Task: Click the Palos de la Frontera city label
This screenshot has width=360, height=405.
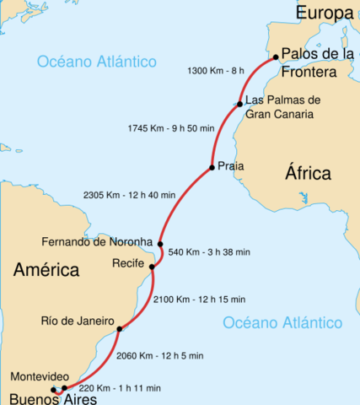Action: point(319,63)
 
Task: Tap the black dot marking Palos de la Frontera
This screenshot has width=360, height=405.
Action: point(276,58)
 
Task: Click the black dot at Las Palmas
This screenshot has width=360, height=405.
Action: point(239,104)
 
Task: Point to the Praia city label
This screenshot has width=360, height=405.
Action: point(230,166)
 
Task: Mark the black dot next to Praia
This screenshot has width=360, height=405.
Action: point(211,167)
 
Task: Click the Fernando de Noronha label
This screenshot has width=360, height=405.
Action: point(97,241)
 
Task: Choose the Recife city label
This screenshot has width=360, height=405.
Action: point(129,263)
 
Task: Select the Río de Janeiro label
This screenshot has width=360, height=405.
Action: point(77,321)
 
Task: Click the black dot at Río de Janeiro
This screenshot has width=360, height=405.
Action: point(120,329)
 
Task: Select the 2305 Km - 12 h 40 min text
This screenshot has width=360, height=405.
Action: point(130,195)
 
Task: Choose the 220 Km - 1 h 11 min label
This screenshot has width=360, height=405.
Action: point(118,389)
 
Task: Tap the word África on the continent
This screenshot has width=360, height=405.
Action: point(308,174)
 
